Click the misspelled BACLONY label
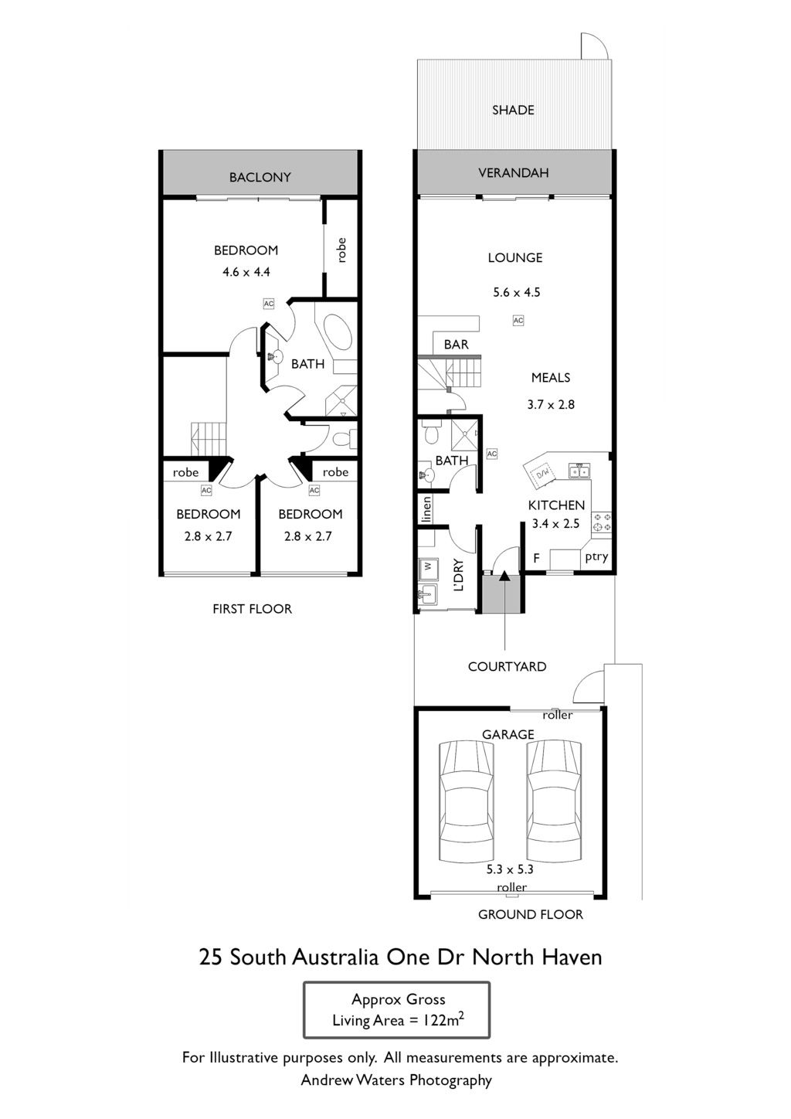coord(260,177)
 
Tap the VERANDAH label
coord(514,173)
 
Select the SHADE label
coord(514,110)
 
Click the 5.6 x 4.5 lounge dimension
coord(516,292)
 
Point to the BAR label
coord(457,344)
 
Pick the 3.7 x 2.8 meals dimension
coord(551,405)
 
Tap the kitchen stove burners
coord(601,522)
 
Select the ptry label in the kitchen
coord(596,557)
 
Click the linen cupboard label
coord(426,509)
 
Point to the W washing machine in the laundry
coord(428,566)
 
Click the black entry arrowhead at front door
coord(504,577)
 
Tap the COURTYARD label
coord(507,666)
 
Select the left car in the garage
coord(467,803)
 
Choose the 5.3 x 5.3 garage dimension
coord(510,869)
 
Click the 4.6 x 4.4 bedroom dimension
coord(246,272)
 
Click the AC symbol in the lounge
coord(518,320)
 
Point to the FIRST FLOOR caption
coord(252,609)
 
